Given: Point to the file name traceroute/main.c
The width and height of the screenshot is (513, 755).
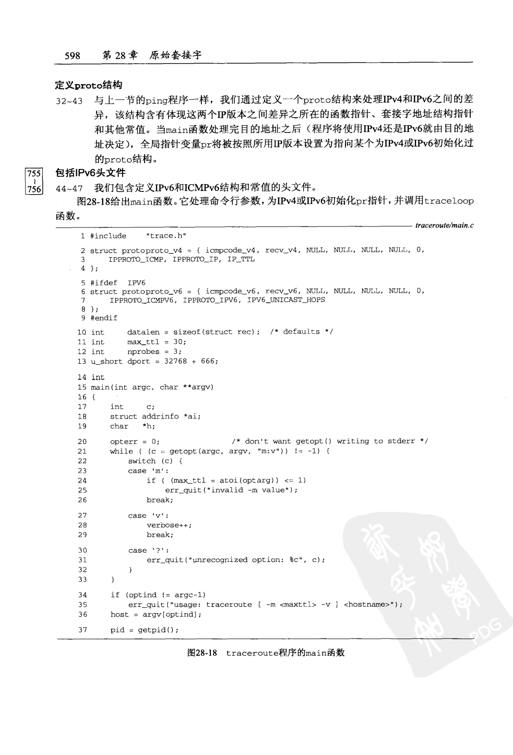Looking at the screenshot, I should (444, 225).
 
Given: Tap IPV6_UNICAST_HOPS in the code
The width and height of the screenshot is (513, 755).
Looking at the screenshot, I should (285, 300).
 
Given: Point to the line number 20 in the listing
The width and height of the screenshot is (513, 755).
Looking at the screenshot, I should (82, 441).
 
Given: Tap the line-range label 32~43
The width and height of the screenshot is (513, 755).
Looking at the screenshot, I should (69, 101).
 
